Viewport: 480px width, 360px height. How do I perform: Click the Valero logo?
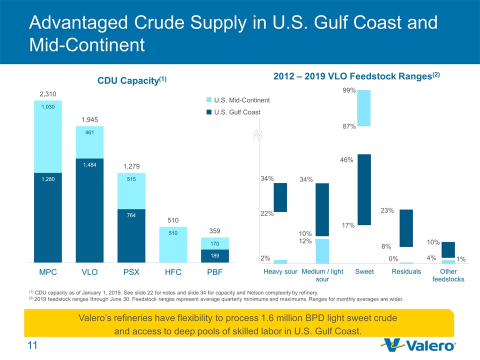tap(419, 345)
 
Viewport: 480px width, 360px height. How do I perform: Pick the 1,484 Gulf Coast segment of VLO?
tap(89, 210)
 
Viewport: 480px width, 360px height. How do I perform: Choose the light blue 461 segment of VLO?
tap(89, 142)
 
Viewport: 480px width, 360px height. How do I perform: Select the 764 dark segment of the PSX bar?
tap(131, 235)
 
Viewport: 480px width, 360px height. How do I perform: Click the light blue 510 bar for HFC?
tap(172, 244)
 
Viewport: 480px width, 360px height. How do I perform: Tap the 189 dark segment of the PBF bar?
tap(214, 255)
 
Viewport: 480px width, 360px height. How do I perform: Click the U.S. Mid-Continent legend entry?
tap(238, 100)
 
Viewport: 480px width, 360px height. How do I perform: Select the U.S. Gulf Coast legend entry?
tap(233, 112)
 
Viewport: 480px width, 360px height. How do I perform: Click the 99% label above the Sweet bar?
tap(349, 90)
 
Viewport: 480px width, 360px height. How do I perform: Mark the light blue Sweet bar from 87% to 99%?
tap(364, 108)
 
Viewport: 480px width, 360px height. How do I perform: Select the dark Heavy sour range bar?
tap(280, 197)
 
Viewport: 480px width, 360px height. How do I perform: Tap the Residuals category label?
tap(406, 271)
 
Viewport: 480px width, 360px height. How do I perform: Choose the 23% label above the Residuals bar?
tap(387, 211)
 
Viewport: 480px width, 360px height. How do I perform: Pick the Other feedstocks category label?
tap(448, 275)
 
